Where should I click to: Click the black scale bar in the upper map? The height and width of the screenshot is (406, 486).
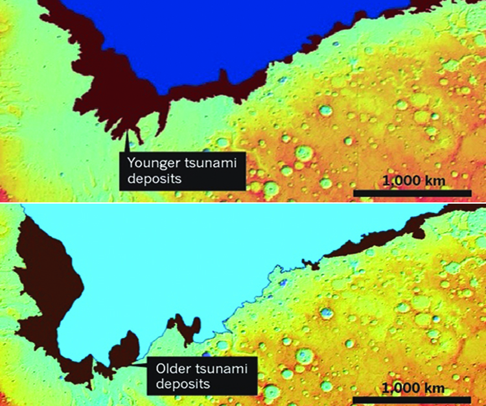(411, 193)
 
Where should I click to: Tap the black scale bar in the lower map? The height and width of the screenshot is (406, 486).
(411, 397)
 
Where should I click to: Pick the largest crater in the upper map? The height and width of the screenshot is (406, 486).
(303, 154)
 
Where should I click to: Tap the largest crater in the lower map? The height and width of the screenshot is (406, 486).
(303, 356)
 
